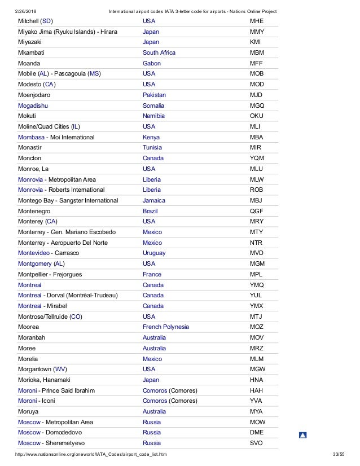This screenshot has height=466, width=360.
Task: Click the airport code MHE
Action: coord(257,21)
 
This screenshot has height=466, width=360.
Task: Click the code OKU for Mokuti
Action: coord(257,116)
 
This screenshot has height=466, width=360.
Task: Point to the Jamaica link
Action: coord(154,200)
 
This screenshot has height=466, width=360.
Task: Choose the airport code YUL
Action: coord(256,295)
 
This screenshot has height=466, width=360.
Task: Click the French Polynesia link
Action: coord(166,327)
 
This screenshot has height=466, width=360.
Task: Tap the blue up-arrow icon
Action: coord(302,435)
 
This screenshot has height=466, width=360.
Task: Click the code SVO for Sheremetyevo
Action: coord(257,443)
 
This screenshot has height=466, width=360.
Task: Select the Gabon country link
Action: coord(152,63)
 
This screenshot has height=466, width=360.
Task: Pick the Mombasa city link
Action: coord(32,137)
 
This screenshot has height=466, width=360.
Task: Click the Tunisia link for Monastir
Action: coord(153,148)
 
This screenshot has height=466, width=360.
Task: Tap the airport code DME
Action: coord(257,432)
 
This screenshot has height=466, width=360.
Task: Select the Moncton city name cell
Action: coord(30,158)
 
